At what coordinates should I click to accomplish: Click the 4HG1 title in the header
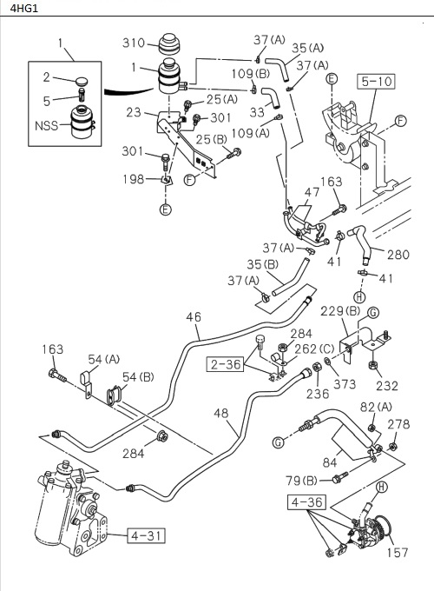point(19,9)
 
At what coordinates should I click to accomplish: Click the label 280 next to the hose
point(398,255)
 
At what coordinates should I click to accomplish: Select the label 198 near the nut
point(133,179)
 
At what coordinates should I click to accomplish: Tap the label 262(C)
point(312,349)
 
